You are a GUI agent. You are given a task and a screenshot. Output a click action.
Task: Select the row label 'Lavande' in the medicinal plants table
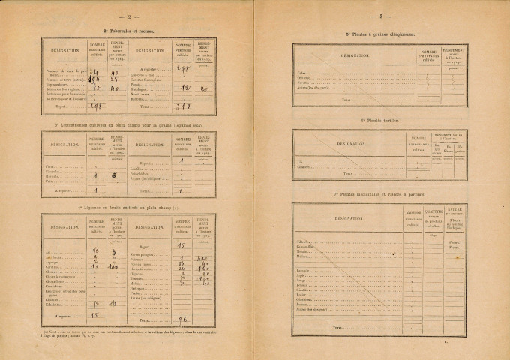(x=304, y=270)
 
